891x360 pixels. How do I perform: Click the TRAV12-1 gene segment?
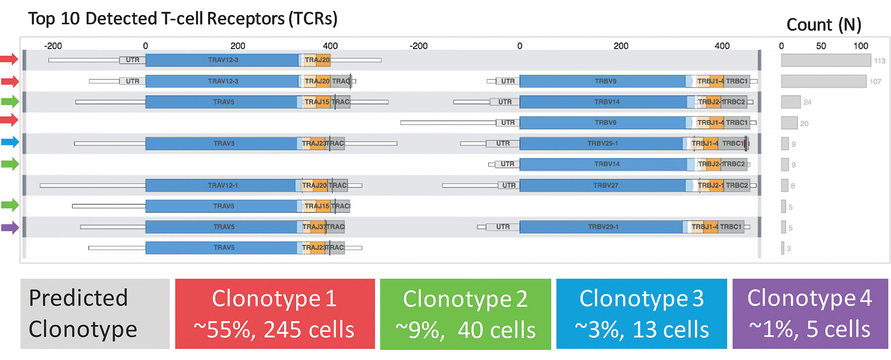223,186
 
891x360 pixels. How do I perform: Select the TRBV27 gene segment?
605,186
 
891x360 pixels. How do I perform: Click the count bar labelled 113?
826,60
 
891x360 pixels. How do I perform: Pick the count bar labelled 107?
824,81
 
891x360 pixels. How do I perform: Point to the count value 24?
807,103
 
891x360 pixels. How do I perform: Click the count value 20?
804,123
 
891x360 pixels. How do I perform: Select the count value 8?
793,186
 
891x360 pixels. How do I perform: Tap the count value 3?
789,249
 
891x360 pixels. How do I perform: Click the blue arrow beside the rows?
9,142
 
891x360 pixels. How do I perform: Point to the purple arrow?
9,228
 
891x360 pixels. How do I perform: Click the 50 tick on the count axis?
821,46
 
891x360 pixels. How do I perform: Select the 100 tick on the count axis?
861,46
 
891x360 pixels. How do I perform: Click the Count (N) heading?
824,25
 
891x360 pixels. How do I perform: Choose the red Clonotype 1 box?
275,314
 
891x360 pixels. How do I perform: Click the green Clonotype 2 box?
465,314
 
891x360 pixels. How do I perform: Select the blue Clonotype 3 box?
642,314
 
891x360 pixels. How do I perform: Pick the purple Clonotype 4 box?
810,314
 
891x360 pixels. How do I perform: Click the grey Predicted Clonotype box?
95,314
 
